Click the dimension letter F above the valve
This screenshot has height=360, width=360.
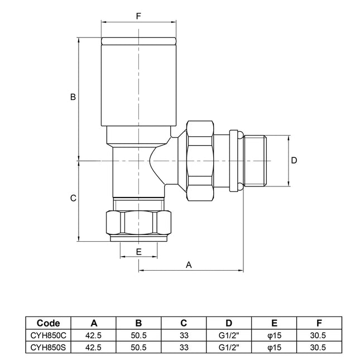pyautogui.click(x=138, y=16)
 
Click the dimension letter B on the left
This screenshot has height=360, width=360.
pyautogui.click(x=72, y=97)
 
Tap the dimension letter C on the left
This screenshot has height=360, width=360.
pyautogui.click(x=72, y=199)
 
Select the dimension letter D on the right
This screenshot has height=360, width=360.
pyautogui.click(x=295, y=160)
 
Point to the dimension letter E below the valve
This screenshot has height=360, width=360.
pyautogui.click(x=138, y=252)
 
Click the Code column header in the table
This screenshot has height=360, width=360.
pyautogui.click(x=48, y=323)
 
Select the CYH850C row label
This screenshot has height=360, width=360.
pyautogui.click(x=48, y=335)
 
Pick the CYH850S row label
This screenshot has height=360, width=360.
pyautogui.click(x=48, y=347)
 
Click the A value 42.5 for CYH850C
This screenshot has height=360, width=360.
pyautogui.click(x=93, y=335)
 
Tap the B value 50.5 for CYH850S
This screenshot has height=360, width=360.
pyautogui.click(x=138, y=347)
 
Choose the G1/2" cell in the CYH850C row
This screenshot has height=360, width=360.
pyautogui.click(x=229, y=335)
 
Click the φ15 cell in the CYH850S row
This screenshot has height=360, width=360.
pyautogui.click(x=274, y=347)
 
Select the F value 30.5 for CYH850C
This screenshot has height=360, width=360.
pyautogui.click(x=319, y=335)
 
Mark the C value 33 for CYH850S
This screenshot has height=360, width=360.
pyautogui.click(x=184, y=347)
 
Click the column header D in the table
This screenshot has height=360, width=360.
pyautogui.click(x=229, y=323)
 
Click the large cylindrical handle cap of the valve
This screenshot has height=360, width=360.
pyautogui.click(x=138, y=84)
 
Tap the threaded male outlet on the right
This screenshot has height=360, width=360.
pyautogui.click(x=257, y=161)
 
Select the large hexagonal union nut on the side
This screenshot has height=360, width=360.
pyautogui.click(x=201, y=161)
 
